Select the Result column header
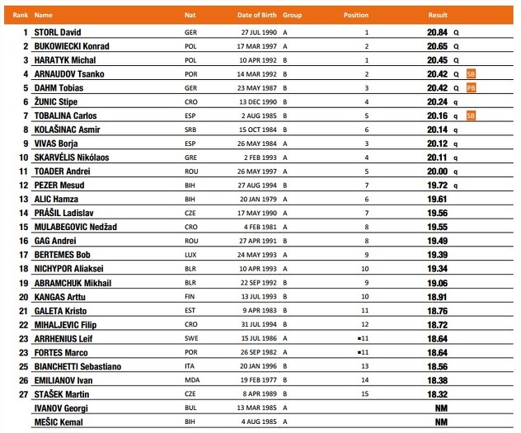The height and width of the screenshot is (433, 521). click(437, 15)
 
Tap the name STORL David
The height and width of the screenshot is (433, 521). click(63, 32)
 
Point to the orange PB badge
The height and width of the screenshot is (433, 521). click(471, 87)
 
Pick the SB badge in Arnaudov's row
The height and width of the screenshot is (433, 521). click(471, 73)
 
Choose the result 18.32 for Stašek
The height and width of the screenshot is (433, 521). click(437, 395)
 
